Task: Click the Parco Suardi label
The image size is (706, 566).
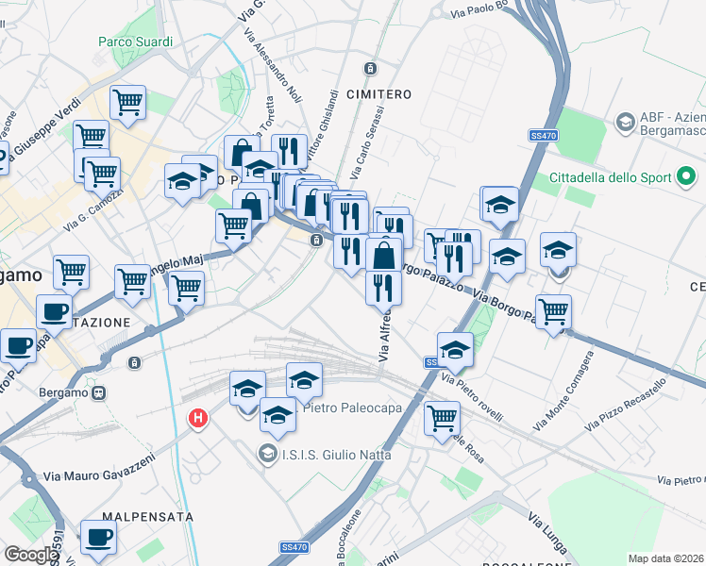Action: coord(136,42)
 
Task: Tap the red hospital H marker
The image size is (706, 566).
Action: coord(198,417)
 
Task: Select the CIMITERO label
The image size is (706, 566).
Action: coord(378,94)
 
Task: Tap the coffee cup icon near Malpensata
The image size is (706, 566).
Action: coord(98,539)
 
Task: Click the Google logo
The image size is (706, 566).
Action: coord(31,555)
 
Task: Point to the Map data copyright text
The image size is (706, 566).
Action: coord(666,558)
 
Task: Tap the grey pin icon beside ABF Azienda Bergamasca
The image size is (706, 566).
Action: coord(625,123)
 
